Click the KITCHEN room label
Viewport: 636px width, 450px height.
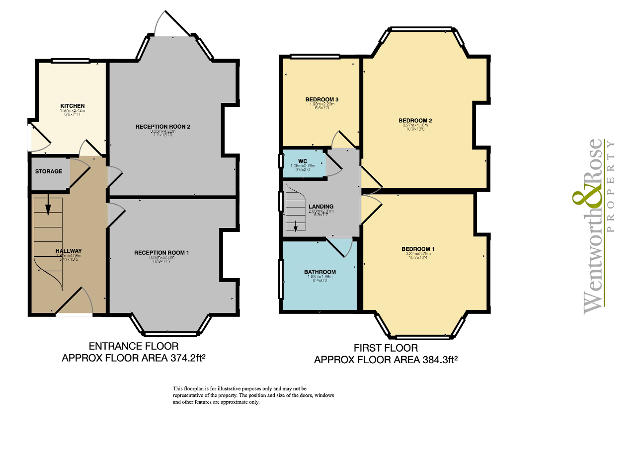click(x=73, y=106)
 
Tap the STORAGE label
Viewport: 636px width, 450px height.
click(x=49, y=171)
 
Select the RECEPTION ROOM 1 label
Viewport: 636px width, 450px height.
click(x=161, y=253)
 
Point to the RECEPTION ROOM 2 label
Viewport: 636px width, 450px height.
click(x=163, y=127)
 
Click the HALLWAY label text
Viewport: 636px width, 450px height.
click(x=69, y=251)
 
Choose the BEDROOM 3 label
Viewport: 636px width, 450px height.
click(x=321, y=100)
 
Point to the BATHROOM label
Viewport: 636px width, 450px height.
click(x=320, y=272)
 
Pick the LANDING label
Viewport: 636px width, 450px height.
click(x=321, y=207)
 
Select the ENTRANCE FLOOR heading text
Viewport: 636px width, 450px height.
click(x=133, y=346)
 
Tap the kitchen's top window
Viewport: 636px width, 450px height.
click(x=70, y=61)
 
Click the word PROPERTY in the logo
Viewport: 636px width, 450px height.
click(x=611, y=187)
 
